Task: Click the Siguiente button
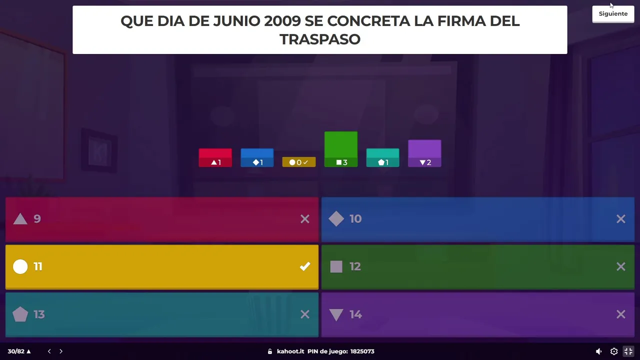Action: coord(613,14)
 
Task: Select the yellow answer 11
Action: coord(161,266)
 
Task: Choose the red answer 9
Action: coord(161,219)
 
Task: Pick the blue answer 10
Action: coord(477,219)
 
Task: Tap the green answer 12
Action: coord(477,266)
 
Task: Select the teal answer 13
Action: coord(161,314)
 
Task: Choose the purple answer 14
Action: coord(477,314)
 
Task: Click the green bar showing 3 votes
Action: coord(341,148)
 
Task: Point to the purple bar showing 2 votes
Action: coord(424,153)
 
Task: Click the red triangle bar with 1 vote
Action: coord(215,157)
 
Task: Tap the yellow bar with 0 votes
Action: coord(299,162)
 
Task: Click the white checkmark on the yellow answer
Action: coord(305,266)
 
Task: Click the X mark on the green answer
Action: coord(620,266)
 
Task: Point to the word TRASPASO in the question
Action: coord(320,39)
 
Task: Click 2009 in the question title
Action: coord(282,21)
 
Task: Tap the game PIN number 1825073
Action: coord(362,351)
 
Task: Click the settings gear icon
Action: coord(614,351)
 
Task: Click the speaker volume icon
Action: coord(599,351)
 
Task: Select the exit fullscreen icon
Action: coord(628,351)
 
